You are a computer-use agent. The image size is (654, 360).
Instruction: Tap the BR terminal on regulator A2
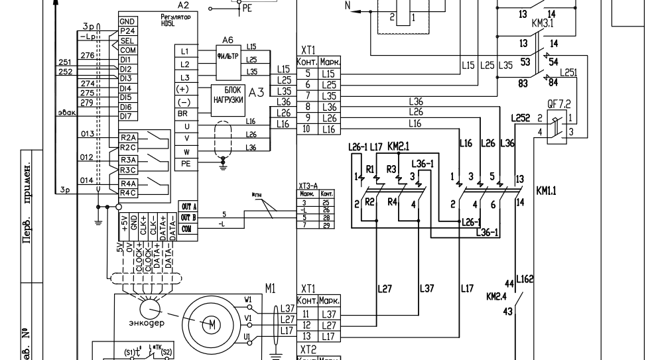(x=184, y=113)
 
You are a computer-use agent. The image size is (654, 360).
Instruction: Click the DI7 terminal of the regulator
(x=126, y=117)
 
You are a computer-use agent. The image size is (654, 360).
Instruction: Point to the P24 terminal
(x=127, y=30)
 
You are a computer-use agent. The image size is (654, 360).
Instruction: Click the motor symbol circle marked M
(x=212, y=324)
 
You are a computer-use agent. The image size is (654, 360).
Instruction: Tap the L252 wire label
(x=521, y=118)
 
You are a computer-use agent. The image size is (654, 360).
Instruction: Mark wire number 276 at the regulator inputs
(x=87, y=56)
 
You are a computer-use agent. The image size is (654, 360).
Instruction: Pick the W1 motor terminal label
(x=248, y=300)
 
